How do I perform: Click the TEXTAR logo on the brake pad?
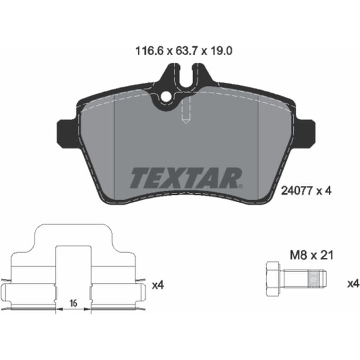click(186, 178)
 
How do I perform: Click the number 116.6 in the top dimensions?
click(149, 51)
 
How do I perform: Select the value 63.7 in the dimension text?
click(186, 51)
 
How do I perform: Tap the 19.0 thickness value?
click(221, 51)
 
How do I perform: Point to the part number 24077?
click(296, 191)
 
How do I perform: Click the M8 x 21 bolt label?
click(311, 255)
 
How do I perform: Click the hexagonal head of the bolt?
click(273, 278)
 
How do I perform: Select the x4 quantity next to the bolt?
click(353, 284)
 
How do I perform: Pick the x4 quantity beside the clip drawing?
click(158, 285)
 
